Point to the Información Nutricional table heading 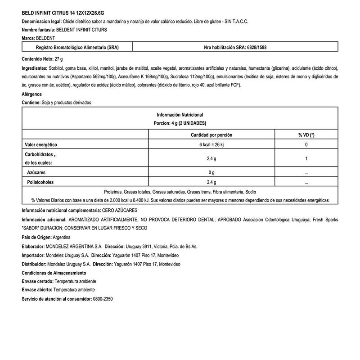pos(180,114)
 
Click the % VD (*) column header pos(306,135)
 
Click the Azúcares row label pos(37,172)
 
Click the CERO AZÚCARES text pos(121,210)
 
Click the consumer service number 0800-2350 pos(103,299)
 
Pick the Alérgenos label pos(31,94)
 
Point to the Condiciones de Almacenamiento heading pos(54,273)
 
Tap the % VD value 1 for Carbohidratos pos(306,158)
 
